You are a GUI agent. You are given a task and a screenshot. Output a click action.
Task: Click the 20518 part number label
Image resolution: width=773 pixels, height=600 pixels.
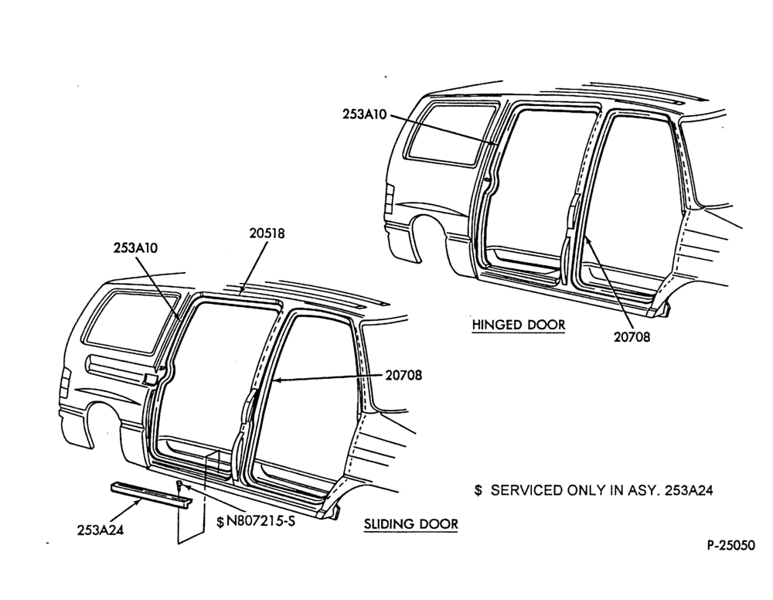click(x=267, y=234)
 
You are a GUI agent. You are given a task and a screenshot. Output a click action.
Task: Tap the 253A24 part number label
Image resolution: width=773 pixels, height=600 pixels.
click(x=100, y=530)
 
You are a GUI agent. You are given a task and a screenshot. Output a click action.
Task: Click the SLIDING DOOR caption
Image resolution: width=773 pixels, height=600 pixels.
click(x=411, y=523)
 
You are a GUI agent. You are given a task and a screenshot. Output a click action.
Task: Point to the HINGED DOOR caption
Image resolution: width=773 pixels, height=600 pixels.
click(x=519, y=325)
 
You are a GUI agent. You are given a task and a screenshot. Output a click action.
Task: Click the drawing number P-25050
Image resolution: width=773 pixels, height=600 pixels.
click(x=731, y=545)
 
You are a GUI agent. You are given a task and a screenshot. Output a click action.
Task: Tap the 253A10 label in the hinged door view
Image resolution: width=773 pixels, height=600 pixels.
click(x=366, y=114)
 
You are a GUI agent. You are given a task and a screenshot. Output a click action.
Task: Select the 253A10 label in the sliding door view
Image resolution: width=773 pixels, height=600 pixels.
click(x=135, y=247)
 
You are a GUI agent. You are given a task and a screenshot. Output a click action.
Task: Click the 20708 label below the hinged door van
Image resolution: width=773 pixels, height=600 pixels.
click(x=632, y=337)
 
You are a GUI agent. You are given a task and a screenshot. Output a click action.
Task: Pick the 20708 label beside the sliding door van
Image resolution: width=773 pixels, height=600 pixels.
click(x=404, y=375)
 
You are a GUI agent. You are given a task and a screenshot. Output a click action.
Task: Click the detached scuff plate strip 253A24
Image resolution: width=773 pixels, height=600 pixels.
click(x=151, y=495)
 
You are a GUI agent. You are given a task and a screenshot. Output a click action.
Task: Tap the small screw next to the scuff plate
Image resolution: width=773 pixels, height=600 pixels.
click(x=179, y=485)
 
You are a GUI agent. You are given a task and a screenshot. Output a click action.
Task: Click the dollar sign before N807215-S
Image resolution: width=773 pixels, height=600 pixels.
click(x=220, y=522)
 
